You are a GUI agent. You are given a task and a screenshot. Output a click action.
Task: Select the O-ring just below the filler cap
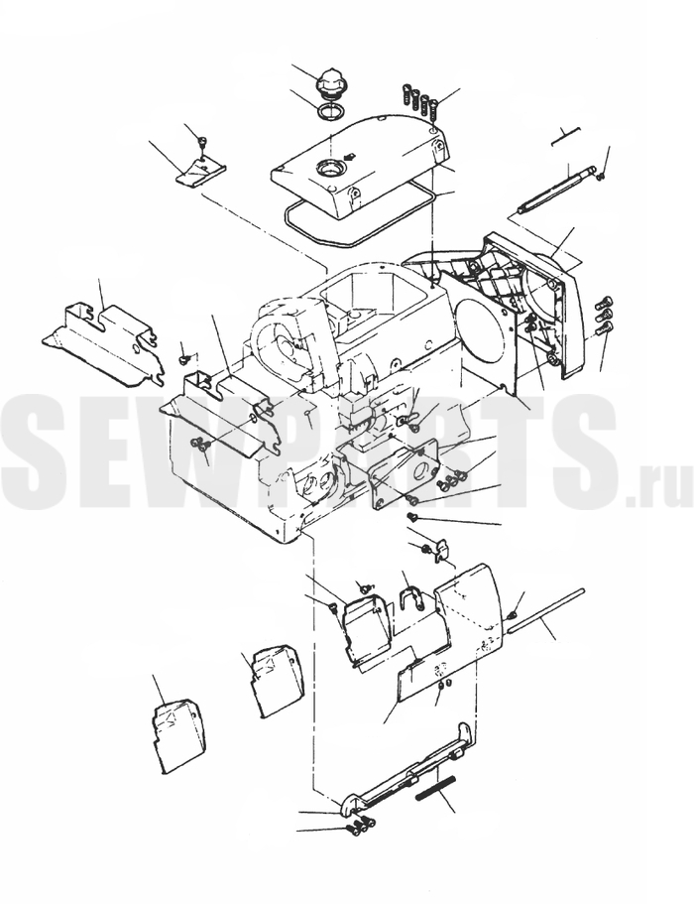tap(331, 111)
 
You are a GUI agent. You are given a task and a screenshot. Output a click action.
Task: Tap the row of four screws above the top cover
tap(419, 98)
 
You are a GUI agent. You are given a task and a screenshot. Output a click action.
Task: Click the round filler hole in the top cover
tap(330, 169)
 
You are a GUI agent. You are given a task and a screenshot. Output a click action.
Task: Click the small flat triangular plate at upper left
tap(200, 172)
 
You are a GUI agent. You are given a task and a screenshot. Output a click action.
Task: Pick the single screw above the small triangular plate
tap(201, 142)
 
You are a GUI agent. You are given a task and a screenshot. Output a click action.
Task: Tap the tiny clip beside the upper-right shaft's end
tap(601, 174)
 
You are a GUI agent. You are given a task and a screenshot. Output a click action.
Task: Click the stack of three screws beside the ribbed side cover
tap(604, 316)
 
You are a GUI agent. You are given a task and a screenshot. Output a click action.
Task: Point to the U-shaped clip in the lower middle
tap(411, 597)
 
